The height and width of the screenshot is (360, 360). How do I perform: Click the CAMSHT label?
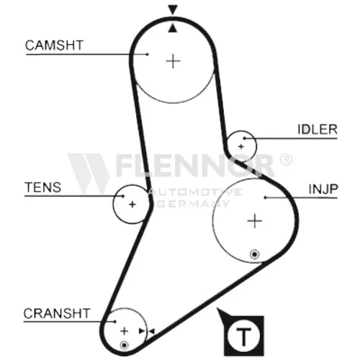[x=54, y=45]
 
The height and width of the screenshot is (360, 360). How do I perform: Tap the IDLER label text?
[x=318, y=130]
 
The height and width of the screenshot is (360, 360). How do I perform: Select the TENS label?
[x=43, y=187]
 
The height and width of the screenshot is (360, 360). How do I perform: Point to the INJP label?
[x=323, y=189]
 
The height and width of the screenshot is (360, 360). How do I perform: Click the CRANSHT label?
[x=57, y=313]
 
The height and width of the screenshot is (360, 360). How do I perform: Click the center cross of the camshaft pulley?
[x=173, y=61]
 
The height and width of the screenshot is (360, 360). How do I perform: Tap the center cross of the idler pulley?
[x=241, y=146]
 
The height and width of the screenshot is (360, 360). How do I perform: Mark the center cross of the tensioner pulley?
[x=132, y=204]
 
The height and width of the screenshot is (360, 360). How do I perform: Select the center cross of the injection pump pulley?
[x=254, y=221]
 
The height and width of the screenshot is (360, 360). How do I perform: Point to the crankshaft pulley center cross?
[x=124, y=331]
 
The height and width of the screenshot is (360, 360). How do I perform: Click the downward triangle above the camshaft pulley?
[x=173, y=9]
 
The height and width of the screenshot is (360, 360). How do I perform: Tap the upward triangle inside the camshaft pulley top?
[x=173, y=28]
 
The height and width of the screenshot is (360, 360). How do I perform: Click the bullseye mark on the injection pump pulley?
[x=255, y=254]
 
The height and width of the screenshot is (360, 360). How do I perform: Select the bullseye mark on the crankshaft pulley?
[x=124, y=345]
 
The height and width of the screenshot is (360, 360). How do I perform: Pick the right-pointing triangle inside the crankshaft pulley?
[x=142, y=331]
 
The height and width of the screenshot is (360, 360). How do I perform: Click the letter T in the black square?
[x=243, y=336]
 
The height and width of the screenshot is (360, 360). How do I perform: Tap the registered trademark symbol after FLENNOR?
[x=286, y=160]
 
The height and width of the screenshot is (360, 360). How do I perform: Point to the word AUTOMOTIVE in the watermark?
[x=195, y=192]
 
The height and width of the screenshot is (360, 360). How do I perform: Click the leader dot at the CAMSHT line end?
[x=148, y=55]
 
